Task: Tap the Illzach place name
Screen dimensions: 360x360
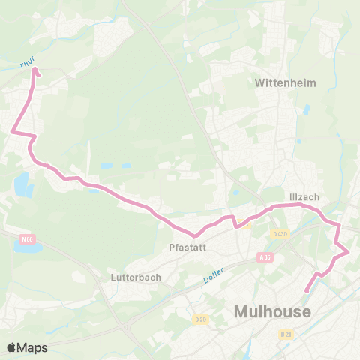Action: [x=304, y=197]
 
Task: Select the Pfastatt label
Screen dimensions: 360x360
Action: [x=188, y=245]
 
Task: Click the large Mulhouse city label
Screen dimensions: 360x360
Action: [x=272, y=310]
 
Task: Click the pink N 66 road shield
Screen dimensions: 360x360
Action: [x=28, y=239]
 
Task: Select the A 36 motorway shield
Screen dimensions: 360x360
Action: [x=262, y=256]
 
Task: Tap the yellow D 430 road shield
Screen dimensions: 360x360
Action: [x=280, y=234]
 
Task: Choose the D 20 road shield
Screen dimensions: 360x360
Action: [x=200, y=320]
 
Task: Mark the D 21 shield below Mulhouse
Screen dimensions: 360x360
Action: [x=286, y=334]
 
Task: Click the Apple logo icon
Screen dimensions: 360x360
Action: [x=11, y=347]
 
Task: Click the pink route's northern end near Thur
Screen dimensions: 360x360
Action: [x=34, y=73]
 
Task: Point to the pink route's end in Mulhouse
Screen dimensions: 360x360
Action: [x=306, y=292]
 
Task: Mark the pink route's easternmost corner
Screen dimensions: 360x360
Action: [x=349, y=252]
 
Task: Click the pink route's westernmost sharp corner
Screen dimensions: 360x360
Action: [x=12, y=133]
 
